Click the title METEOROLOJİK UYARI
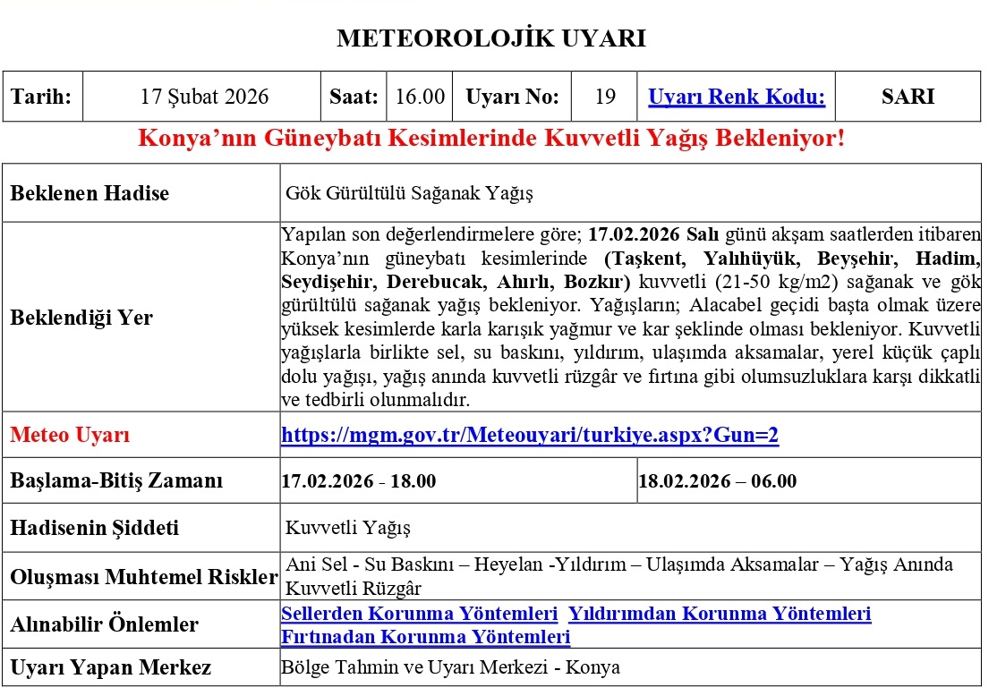click(490, 38)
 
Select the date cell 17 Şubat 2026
click(204, 97)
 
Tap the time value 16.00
click(420, 97)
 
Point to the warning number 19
click(605, 97)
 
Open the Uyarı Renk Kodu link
click(736, 97)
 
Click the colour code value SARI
click(908, 97)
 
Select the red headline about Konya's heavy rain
click(491, 140)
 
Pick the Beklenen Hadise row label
click(90, 193)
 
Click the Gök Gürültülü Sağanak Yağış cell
click(409, 193)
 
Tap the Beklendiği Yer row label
click(81, 318)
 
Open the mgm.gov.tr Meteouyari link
click(530, 436)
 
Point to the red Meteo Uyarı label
click(70, 436)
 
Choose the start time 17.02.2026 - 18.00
click(359, 481)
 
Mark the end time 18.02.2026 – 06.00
click(717, 481)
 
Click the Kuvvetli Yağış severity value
click(348, 528)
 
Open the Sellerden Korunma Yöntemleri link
click(419, 614)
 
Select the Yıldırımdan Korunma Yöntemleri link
click(720, 614)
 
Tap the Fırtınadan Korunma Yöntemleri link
click(425, 637)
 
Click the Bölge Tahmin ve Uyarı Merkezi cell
click(450, 667)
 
